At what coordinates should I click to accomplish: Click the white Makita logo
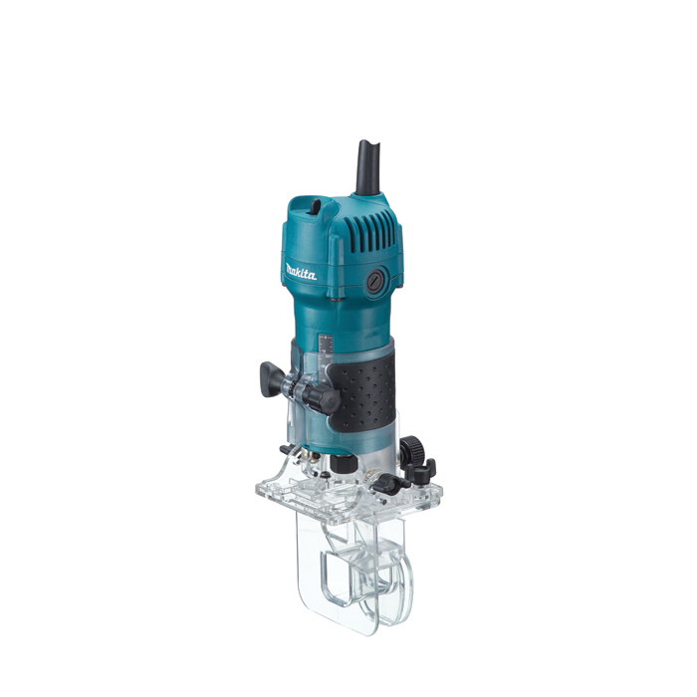click(x=301, y=271)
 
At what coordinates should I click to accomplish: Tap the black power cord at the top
click(x=367, y=167)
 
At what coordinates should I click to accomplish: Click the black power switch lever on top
click(x=315, y=207)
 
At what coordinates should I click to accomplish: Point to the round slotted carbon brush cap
click(x=375, y=282)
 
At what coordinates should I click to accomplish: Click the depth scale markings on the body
click(x=326, y=356)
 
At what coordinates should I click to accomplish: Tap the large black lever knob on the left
click(x=271, y=379)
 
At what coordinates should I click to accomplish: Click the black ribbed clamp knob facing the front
click(x=325, y=398)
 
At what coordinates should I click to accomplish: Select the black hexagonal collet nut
click(x=344, y=464)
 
